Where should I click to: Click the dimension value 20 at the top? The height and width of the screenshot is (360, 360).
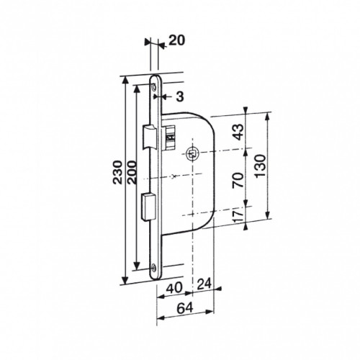pos(177,40)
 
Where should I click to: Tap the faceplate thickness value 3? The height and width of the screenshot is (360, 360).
pos(180,96)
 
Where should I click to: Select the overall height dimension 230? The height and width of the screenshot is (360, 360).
pos(117,172)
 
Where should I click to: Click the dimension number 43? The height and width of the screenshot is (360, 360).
pos(238,132)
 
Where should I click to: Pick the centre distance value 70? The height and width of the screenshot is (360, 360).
pos(238,180)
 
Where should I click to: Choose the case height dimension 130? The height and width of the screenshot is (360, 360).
pos(261,166)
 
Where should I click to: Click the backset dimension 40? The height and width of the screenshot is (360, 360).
pos(174,287)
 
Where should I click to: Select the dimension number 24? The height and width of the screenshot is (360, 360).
pos(204,284)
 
